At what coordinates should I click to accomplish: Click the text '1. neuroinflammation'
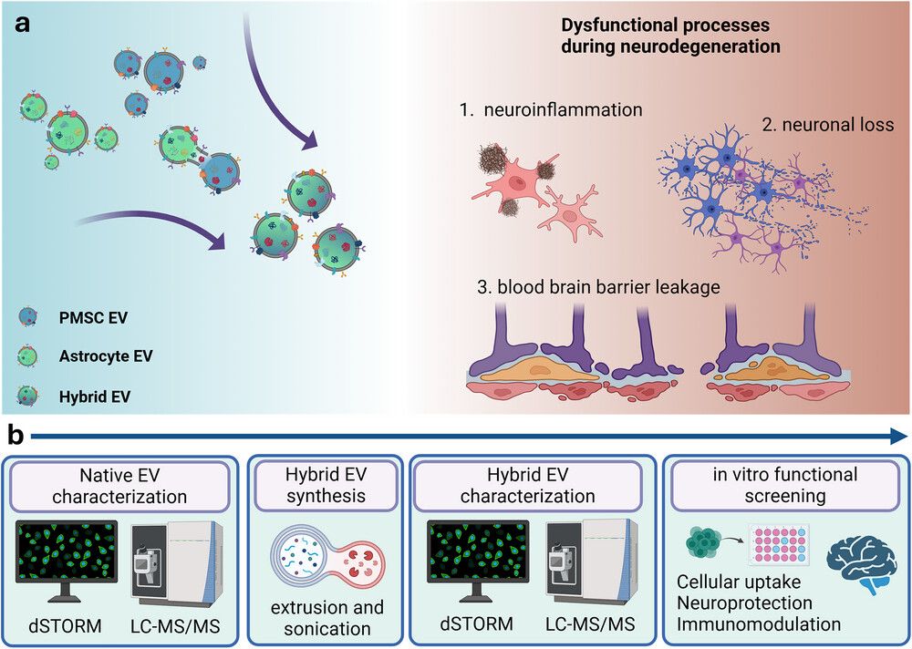(x=552, y=110)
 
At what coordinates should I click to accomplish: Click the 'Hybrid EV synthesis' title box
(x=326, y=485)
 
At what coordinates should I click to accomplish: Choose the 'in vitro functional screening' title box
(x=785, y=485)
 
